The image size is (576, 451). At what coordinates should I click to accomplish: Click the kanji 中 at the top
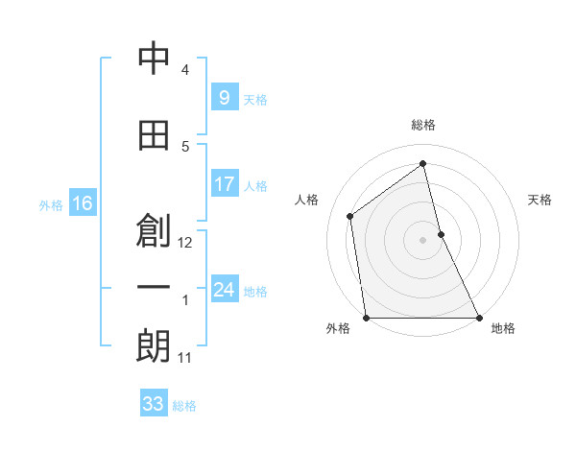[154, 59]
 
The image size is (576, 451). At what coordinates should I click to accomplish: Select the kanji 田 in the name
[154, 135]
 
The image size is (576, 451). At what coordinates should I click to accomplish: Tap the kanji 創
[154, 231]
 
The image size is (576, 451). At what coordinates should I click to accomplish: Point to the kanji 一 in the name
[154, 289]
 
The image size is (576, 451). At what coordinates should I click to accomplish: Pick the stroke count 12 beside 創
[185, 243]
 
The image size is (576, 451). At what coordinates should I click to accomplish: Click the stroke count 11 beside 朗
[184, 358]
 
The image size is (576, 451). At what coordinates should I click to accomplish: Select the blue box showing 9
[224, 97]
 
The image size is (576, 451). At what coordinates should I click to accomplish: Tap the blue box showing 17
[224, 184]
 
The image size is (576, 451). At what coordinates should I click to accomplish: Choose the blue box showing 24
[224, 290]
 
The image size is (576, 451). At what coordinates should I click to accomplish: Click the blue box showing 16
[82, 202]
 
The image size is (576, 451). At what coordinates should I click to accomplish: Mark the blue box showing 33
[153, 404]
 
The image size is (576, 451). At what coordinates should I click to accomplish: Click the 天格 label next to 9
[255, 99]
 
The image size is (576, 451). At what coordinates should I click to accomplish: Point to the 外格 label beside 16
[51, 204]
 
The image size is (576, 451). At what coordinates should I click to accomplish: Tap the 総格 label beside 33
[184, 406]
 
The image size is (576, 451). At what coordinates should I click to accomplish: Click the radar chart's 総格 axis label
[423, 125]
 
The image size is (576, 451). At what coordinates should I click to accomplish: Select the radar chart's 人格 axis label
[307, 200]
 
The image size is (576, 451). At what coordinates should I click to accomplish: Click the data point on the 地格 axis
[479, 318]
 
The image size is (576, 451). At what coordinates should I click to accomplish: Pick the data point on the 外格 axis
[366, 318]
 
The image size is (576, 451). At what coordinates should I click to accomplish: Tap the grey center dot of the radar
[422, 240]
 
